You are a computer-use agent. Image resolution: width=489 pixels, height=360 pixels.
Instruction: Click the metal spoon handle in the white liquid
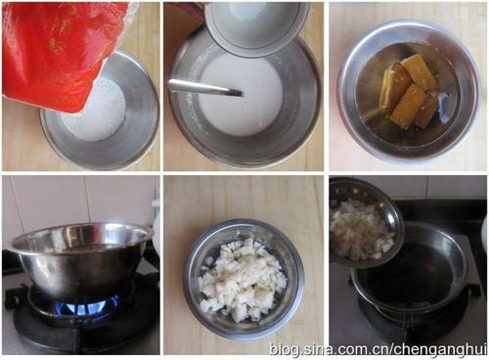[204, 87]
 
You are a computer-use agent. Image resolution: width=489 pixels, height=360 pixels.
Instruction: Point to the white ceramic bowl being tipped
[254, 26]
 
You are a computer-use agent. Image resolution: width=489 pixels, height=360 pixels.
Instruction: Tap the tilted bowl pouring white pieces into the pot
[364, 222]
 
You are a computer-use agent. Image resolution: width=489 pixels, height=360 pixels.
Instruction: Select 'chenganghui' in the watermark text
[441, 350]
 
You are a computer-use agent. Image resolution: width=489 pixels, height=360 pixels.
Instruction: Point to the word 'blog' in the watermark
[285, 350]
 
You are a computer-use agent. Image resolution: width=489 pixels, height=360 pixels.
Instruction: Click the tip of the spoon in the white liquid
[242, 94]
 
